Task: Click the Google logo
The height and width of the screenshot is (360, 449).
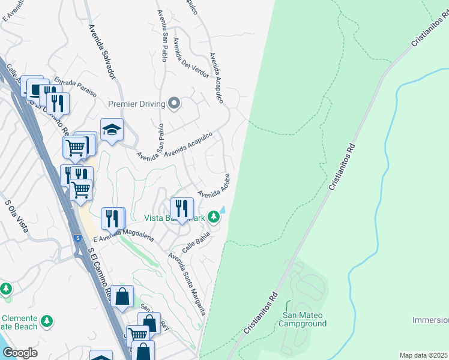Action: (20, 353)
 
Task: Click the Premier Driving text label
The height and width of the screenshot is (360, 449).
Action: (136, 104)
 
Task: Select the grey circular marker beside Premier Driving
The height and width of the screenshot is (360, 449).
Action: (175, 104)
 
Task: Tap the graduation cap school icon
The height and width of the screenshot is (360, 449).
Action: (112, 130)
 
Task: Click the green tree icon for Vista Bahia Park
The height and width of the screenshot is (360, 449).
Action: (214, 217)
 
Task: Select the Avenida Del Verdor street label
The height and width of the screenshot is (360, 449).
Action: (190, 58)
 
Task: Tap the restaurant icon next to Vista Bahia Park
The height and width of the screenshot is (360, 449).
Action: (182, 208)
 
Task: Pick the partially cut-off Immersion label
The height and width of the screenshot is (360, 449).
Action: (430, 320)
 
